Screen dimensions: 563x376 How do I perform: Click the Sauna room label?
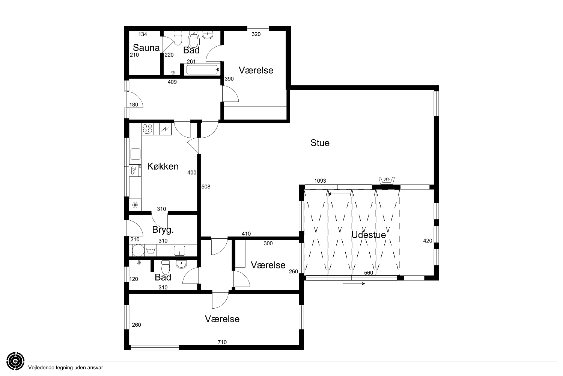pos(146,47)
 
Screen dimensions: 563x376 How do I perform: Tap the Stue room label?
pos(320,143)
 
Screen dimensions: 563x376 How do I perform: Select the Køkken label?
pos(163,166)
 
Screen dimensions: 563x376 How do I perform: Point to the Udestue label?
pos(369,235)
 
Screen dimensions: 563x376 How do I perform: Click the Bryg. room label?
pos(163,230)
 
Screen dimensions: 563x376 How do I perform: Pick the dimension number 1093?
pos(320,181)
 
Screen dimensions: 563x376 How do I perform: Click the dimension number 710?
pos(222,342)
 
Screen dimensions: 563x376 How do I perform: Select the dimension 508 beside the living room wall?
pos(206,186)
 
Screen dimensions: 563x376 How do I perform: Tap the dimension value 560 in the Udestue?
pos(369,273)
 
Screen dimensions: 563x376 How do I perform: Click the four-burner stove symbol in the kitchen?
pos(148,129)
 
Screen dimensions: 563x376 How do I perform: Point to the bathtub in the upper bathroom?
pos(202,70)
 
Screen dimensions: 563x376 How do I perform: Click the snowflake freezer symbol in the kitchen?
pos(135,205)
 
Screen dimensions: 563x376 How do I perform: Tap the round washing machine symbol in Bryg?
pos(138,250)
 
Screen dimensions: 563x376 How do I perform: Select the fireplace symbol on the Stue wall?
pos(387,180)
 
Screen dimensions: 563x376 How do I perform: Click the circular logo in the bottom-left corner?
pos(15,361)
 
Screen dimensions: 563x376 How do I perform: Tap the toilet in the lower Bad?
pos(166,267)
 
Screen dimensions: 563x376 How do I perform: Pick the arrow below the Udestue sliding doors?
pos(354,284)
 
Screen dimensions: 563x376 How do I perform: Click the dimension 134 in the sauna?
pos(143,34)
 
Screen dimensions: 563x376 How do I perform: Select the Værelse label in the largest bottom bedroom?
pos(222,319)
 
